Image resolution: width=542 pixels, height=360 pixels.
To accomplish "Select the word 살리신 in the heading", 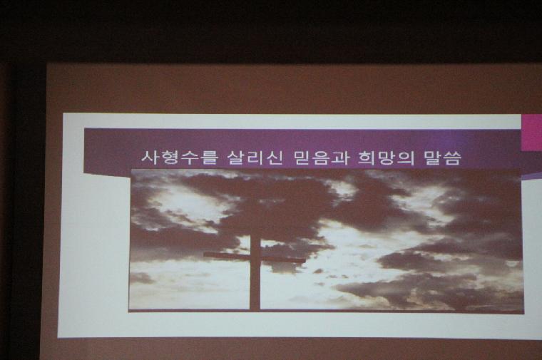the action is (255, 158).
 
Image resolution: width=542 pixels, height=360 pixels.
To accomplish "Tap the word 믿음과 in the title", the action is (321, 158).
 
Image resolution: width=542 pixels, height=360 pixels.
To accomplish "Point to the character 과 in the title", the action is (340, 158).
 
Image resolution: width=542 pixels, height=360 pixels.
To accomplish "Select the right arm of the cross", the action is (282, 259).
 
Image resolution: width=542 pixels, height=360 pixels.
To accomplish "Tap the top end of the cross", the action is (255, 236).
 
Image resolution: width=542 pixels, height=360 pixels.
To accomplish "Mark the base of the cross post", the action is (255, 309).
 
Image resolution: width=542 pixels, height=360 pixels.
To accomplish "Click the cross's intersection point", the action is (255, 257).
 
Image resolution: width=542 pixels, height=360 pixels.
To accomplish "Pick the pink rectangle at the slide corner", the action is (531, 133).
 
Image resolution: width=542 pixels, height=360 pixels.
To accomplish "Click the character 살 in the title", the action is (237, 158).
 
